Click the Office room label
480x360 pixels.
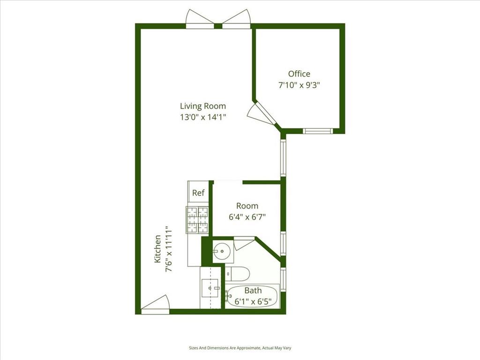pyautogui.click(x=299, y=74)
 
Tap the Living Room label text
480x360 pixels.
pyautogui.click(x=203, y=106)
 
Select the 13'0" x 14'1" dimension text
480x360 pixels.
pyautogui.click(x=203, y=117)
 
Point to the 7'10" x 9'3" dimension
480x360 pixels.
pyautogui.click(x=299, y=85)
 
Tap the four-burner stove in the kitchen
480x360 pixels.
pyautogui.click(x=198, y=220)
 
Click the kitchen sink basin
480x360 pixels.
pyautogui.click(x=210, y=288)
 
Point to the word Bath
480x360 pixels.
pyautogui.click(x=253, y=290)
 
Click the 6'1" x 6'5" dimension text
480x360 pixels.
pyautogui.click(x=253, y=301)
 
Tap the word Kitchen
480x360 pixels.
pyautogui.click(x=157, y=248)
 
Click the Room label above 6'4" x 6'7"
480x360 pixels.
pyautogui.click(x=247, y=206)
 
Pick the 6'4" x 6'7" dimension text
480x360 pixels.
pyautogui.click(x=247, y=217)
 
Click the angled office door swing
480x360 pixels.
pyautogui.click(x=259, y=114)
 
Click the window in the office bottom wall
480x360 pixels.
pyautogui.click(x=318, y=131)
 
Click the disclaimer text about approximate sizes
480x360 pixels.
pyautogui.click(x=240, y=348)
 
